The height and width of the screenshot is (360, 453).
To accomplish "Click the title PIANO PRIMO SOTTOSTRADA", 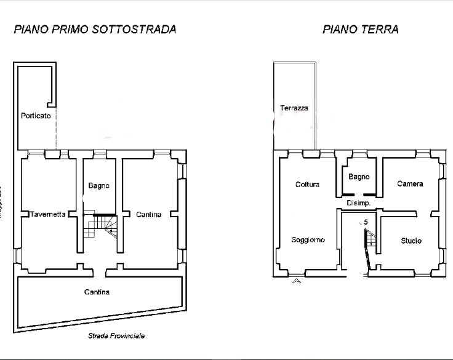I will click(95, 29).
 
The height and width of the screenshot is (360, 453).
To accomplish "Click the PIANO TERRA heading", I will click(360, 29).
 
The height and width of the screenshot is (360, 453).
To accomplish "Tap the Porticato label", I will click(36, 115).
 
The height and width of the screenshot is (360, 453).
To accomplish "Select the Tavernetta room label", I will click(48, 214).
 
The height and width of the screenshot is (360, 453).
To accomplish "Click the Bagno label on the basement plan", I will click(98, 185).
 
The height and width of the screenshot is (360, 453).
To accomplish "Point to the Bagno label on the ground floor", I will click(359, 177).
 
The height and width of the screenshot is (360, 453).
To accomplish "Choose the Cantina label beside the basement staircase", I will click(148, 214).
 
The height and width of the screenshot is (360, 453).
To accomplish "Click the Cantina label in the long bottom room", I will click(97, 292).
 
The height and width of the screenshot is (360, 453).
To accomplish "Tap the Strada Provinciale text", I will click(116, 336).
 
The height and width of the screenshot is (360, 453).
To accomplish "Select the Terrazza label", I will click(294, 108).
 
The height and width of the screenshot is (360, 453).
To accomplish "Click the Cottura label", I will click(307, 184).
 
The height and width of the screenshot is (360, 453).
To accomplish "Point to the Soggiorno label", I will click(308, 239).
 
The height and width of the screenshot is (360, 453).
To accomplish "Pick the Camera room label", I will click(409, 183).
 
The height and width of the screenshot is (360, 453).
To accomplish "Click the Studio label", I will click(411, 240).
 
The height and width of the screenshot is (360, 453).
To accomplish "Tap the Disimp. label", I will click(358, 203).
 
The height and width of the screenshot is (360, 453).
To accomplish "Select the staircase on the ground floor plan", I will click(369, 243).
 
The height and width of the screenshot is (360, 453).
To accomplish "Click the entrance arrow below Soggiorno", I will click(297, 281).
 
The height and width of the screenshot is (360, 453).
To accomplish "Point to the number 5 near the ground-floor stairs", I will click(366, 222).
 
